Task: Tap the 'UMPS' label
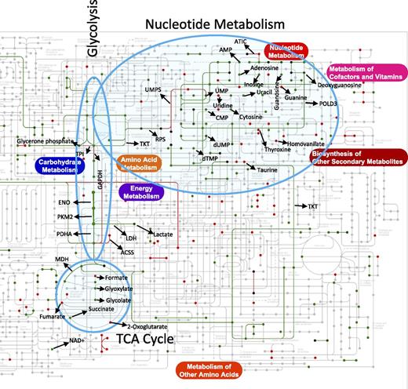[153, 90]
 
